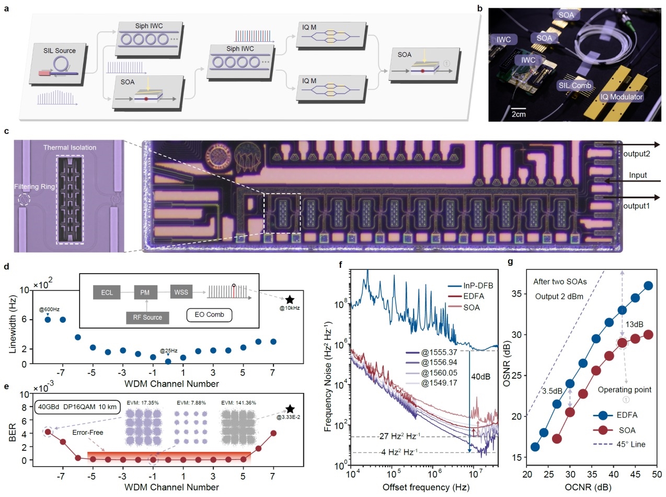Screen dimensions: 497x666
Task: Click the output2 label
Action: pyautogui.click(x=636, y=155)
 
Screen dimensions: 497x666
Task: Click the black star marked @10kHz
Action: pyautogui.click(x=290, y=299)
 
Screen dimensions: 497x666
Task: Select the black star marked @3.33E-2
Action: pyautogui.click(x=289, y=410)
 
